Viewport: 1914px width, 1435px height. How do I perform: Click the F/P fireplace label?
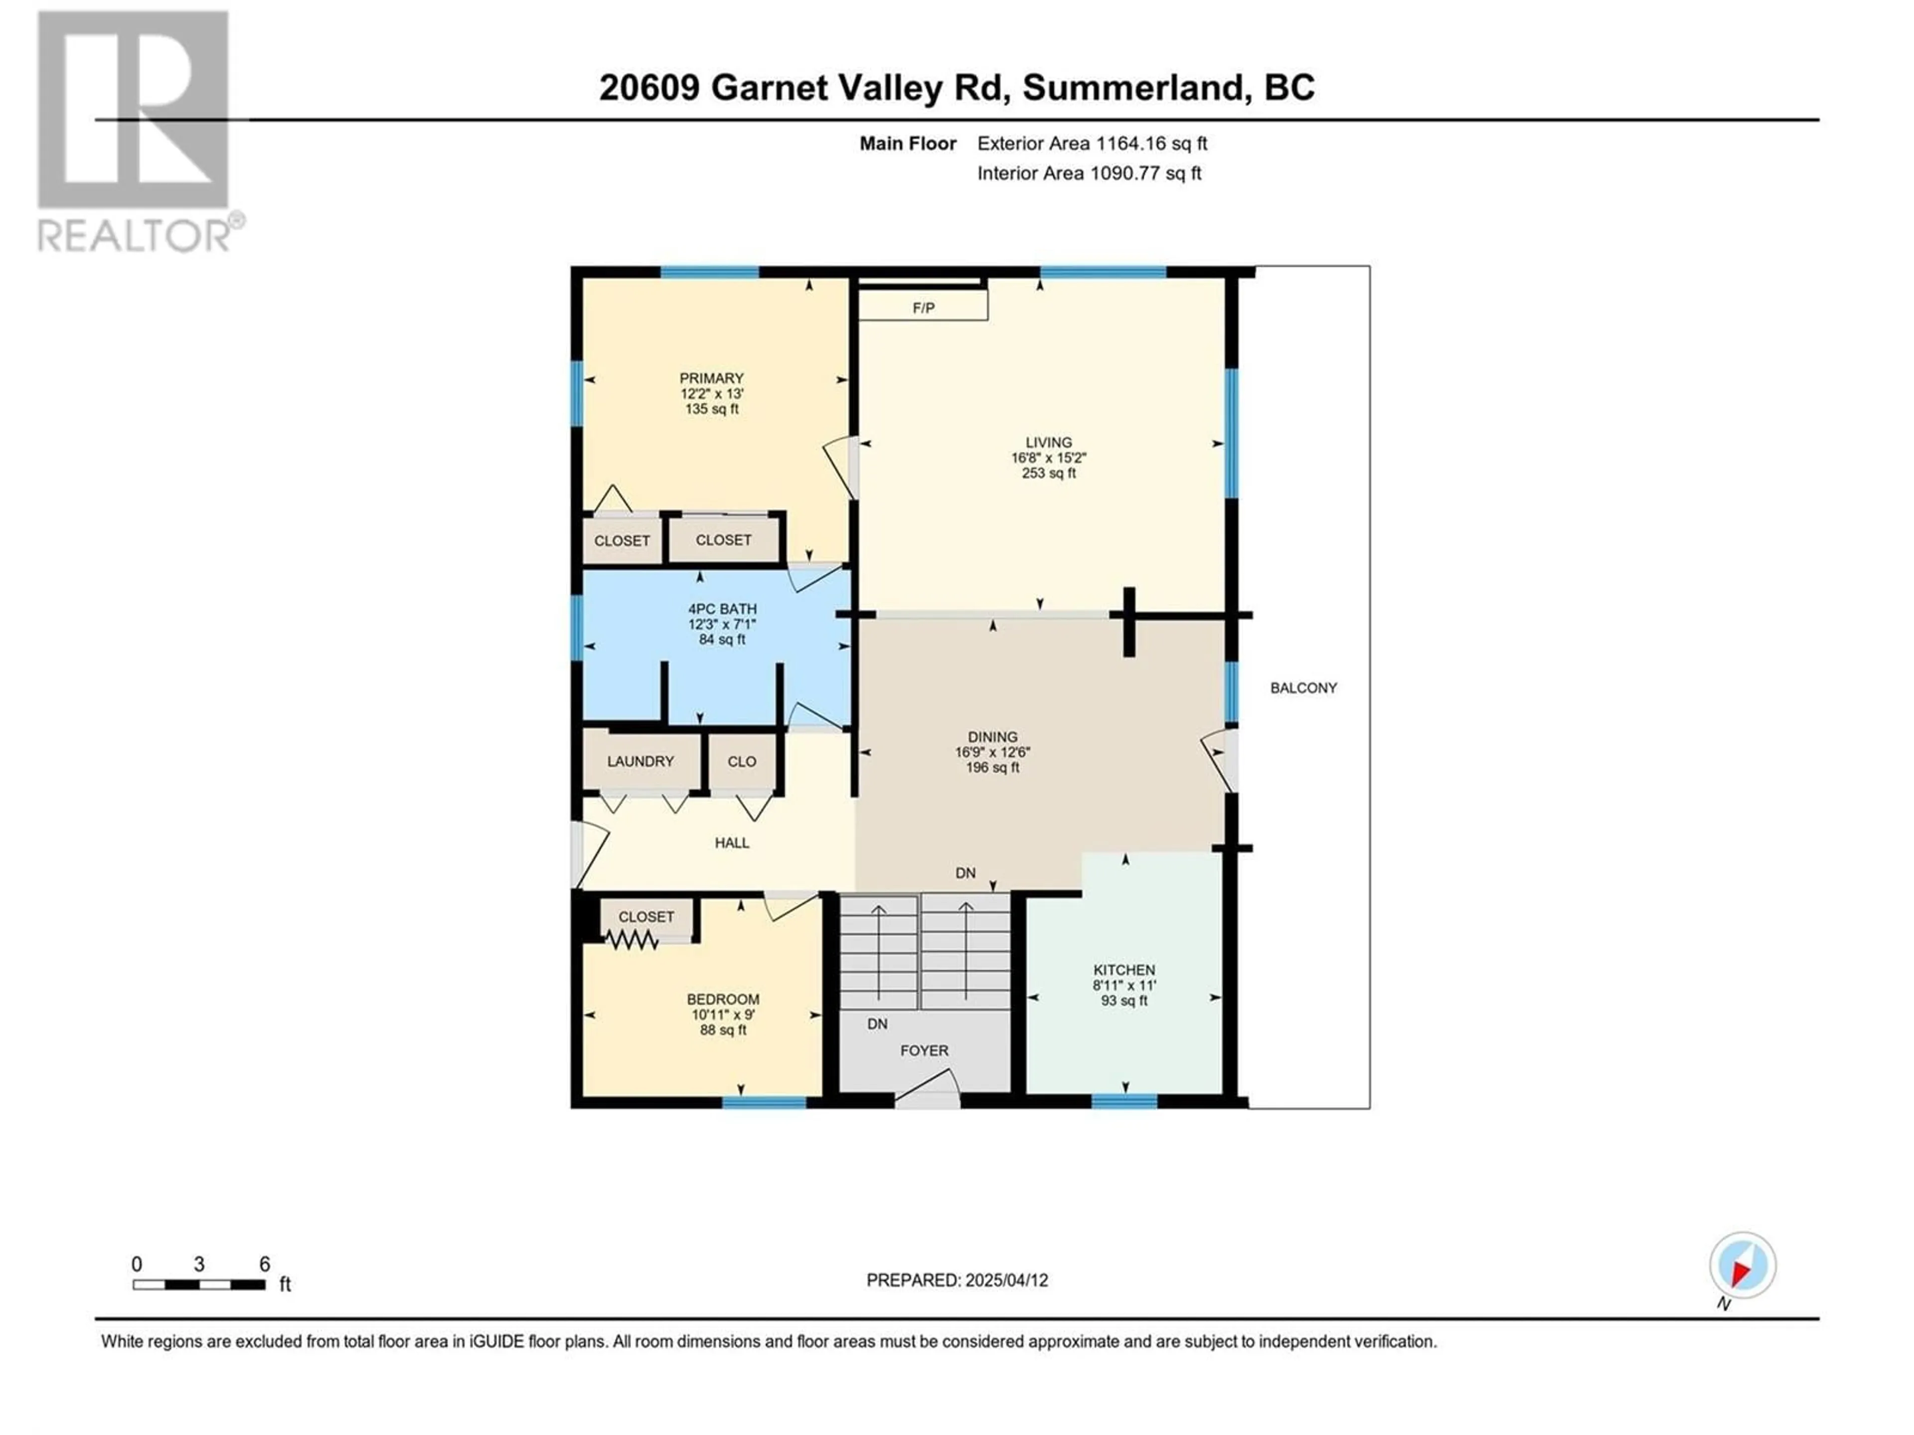[923, 308]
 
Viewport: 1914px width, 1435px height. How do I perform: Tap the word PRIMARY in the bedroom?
[711, 378]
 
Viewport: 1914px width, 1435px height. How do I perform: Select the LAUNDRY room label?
[640, 761]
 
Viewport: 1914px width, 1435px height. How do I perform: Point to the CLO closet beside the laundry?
[742, 761]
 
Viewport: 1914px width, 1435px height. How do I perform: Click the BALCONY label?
[1303, 688]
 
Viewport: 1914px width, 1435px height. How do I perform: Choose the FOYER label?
[924, 1050]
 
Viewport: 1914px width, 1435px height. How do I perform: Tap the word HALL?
[732, 843]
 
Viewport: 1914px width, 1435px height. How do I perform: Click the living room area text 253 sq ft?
[1049, 473]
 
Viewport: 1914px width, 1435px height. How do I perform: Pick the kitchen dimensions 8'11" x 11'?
[1124, 985]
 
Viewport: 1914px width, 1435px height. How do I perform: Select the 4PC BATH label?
[723, 609]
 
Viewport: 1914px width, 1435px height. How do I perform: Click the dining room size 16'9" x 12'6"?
[992, 752]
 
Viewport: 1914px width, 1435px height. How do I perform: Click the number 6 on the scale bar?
[265, 1264]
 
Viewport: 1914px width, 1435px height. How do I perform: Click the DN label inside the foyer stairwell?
[877, 1023]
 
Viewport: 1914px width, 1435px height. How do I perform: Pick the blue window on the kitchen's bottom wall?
[1124, 1101]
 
